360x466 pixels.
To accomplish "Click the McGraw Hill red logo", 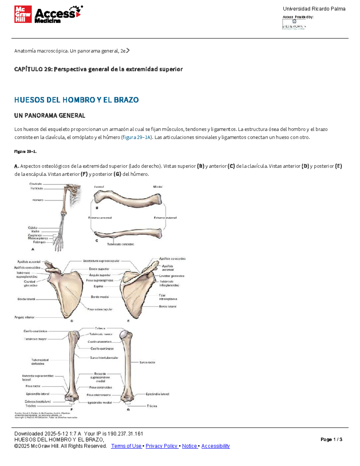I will (23, 14).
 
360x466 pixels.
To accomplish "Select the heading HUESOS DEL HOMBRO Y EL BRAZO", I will (76, 100).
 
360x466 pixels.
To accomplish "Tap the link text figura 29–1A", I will (136, 137).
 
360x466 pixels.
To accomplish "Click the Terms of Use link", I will (126, 446).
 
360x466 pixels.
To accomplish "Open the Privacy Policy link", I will (162, 446).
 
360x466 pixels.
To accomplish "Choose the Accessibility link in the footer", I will (215, 446).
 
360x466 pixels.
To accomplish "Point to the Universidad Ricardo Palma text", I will (314, 9).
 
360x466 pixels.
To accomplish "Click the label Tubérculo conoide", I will (120, 244).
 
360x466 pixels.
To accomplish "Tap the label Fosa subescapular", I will (100, 309).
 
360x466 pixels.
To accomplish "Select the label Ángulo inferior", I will (24, 317).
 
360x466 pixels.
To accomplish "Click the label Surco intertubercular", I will (104, 358).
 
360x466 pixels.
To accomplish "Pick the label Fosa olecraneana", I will (99, 395).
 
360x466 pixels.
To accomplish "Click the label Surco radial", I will (147, 362).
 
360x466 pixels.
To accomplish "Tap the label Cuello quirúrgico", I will (102, 349).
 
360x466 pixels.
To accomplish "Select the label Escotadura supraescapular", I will (101, 261).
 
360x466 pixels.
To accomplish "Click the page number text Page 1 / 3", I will (331, 440).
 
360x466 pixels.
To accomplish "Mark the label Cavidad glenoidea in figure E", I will (171, 276).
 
